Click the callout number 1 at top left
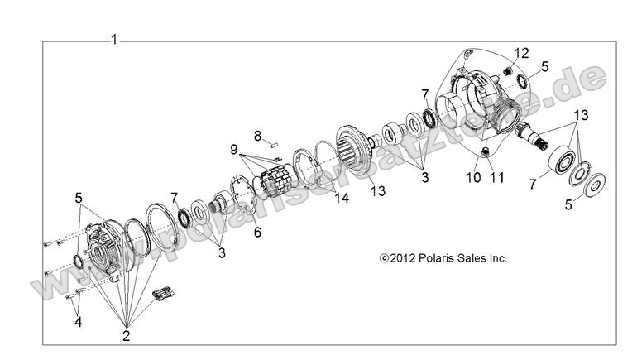tap(114, 39)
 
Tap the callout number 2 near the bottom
tap(127, 335)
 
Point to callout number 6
tap(257, 234)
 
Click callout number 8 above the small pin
tap(257, 134)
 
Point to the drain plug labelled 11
tap(486, 151)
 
